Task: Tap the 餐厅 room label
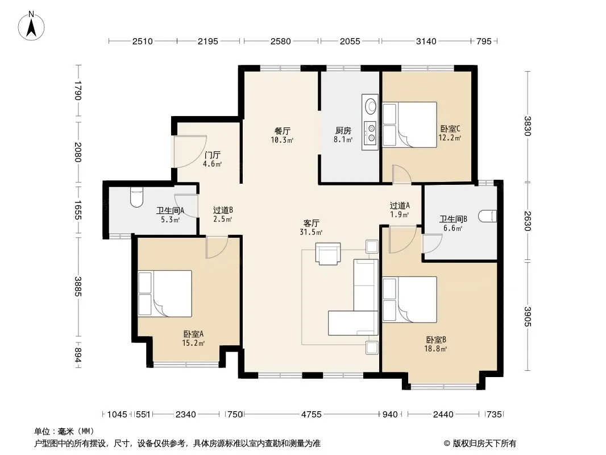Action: (x=282, y=131)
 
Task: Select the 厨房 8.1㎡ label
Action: (x=343, y=135)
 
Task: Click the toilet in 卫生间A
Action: (x=137, y=197)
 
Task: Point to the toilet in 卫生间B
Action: (x=487, y=216)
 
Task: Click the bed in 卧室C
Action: (x=410, y=125)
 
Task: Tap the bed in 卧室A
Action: (x=165, y=293)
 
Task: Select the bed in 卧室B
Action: (x=410, y=300)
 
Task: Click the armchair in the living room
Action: (x=328, y=254)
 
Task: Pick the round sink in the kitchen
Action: (x=371, y=106)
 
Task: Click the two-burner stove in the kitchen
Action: (x=371, y=132)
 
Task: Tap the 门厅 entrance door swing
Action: (x=190, y=151)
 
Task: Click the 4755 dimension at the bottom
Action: (x=312, y=415)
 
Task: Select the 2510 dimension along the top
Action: (x=143, y=41)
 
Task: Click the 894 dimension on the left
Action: (x=78, y=355)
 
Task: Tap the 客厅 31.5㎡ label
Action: (x=311, y=227)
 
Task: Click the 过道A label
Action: (x=400, y=206)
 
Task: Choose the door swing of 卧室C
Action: (x=401, y=174)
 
